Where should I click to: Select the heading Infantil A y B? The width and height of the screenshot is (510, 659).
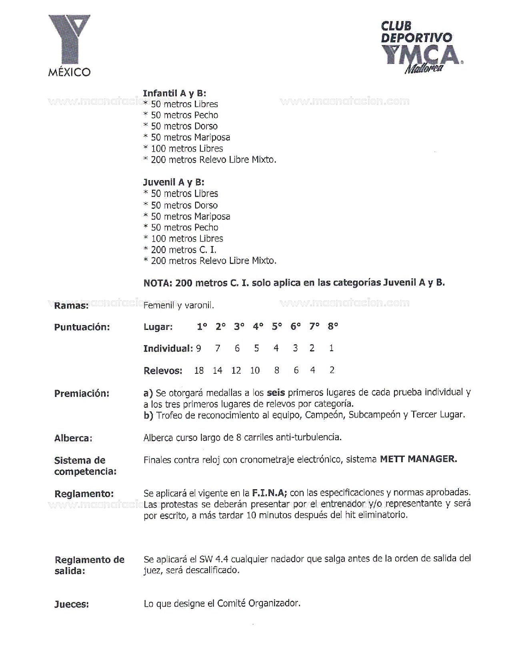click(174, 93)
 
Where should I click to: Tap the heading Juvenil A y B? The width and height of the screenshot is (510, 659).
click(174, 183)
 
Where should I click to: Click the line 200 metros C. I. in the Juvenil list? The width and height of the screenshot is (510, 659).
click(183, 250)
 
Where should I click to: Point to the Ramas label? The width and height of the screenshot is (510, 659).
click(71, 306)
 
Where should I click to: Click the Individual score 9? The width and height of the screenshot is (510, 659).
click(198, 349)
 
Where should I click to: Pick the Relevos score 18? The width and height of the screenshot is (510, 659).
click(199, 371)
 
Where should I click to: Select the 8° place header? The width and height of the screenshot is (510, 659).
click(333, 327)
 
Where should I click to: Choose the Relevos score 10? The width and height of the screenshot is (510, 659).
click(255, 371)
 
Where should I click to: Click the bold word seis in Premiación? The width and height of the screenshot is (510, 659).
click(276, 393)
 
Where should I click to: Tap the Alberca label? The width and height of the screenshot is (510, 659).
click(73, 439)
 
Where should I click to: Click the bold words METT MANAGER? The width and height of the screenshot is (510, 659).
click(418, 459)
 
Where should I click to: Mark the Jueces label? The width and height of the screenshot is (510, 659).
click(72, 604)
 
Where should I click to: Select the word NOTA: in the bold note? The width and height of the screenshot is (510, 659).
click(158, 283)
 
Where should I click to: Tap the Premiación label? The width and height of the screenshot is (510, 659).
click(82, 393)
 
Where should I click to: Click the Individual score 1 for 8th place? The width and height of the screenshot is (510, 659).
click(331, 348)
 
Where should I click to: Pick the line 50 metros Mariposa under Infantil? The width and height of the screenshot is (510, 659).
click(190, 137)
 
